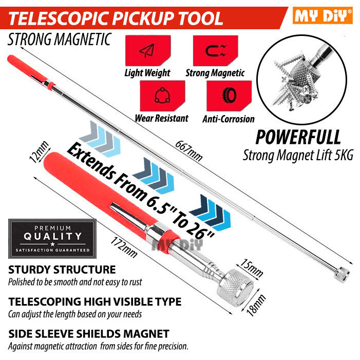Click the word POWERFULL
pos(298,137)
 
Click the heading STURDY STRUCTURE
pos(62,270)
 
